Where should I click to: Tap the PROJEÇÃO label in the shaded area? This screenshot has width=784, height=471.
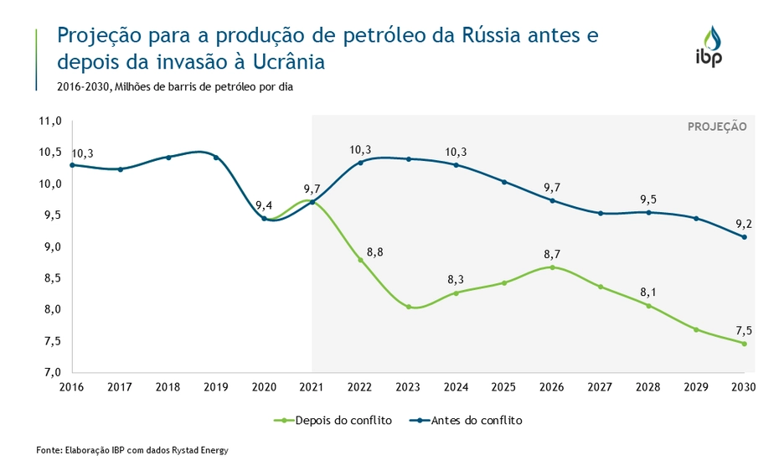[716, 127]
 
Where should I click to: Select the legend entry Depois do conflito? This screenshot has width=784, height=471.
[337, 421]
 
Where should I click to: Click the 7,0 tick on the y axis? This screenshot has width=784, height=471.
[52, 372]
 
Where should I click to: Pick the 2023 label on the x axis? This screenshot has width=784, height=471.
[408, 387]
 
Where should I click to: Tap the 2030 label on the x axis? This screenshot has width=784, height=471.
[743, 387]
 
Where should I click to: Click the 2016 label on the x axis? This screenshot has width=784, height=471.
[72, 387]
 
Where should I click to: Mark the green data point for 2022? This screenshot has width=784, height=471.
[361, 260]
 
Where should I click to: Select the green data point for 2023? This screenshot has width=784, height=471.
[409, 307]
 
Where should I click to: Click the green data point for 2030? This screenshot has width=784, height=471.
[744, 343]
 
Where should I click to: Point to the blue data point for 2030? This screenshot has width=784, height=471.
[744, 236]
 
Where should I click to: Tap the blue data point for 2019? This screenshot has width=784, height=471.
[216, 158]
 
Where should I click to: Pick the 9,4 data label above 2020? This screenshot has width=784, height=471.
[265, 205]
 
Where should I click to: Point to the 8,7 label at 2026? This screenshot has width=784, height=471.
[552, 252]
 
